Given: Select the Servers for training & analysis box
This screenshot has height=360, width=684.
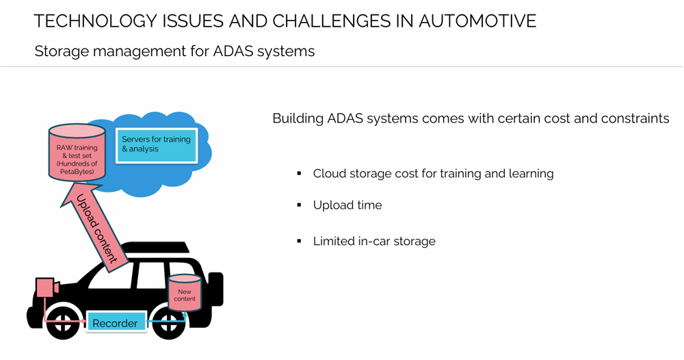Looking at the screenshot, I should [157, 144].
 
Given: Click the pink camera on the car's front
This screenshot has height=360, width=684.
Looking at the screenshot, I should [46, 286].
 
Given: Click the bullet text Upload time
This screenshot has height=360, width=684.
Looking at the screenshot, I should [347, 205].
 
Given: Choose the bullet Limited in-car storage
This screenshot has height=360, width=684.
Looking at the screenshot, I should [374, 241].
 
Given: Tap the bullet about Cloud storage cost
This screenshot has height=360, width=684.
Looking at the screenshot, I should [433, 174].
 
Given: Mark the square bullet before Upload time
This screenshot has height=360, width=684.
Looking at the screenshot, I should [300, 205].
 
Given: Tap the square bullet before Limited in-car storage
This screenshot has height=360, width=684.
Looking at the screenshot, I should [300, 241].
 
